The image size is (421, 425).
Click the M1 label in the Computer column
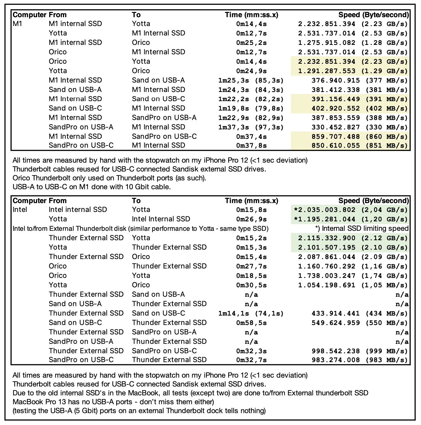coord(17,24)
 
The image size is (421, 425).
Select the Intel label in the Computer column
coord(20,210)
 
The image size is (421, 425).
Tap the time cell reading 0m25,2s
coord(251,43)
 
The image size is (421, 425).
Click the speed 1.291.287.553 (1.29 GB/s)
coord(353,71)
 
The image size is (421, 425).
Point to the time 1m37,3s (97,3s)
coord(251,127)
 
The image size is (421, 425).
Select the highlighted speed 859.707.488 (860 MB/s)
coord(359,137)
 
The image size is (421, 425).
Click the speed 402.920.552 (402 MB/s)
coord(359,109)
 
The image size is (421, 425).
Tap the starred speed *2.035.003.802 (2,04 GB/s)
coord(351,210)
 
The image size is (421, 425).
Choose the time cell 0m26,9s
coord(251,219)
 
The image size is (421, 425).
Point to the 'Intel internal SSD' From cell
coord(78,210)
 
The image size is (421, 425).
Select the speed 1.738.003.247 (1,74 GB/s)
coord(353,276)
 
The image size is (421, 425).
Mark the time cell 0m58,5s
coord(251,323)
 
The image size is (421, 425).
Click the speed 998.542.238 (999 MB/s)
coord(359,351)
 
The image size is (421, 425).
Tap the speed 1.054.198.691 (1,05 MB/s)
coord(353,285)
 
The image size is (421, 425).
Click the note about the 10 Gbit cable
coord(92,187)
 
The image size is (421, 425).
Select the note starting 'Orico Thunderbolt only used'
coord(109,178)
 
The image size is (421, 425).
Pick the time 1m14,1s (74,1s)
coord(251,314)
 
